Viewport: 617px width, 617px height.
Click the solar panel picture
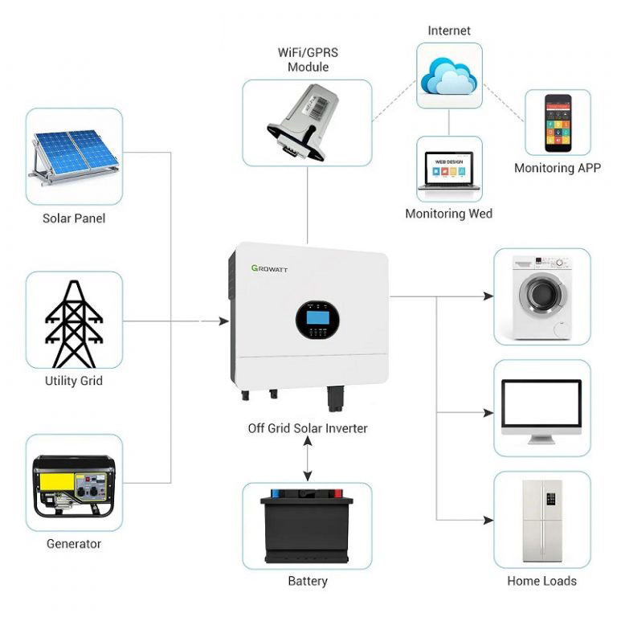pyautogui.click(x=74, y=156)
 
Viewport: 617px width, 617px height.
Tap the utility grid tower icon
pyautogui.click(x=74, y=321)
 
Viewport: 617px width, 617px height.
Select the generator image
pyautogui.click(x=74, y=484)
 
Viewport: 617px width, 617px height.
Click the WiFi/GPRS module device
pyautogui.click(x=308, y=122)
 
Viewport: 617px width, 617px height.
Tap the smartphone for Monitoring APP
pyautogui.click(x=558, y=122)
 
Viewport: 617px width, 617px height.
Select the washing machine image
pyautogui.click(x=541, y=296)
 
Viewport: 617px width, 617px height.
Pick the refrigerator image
pyautogui.click(x=541, y=521)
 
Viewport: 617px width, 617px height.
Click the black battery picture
pyautogui.click(x=307, y=526)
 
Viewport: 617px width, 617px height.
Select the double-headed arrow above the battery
pyautogui.click(x=308, y=460)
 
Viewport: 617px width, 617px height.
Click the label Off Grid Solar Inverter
pyautogui.click(x=308, y=428)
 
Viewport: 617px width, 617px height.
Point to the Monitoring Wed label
pyautogui.click(x=449, y=214)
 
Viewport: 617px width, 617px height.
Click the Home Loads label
pyautogui.click(x=541, y=581)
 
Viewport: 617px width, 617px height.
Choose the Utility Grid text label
pyautogui.click(x=74, y=380)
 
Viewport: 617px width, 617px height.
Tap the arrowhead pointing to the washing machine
pyautogui.click(x=488, y=296)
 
